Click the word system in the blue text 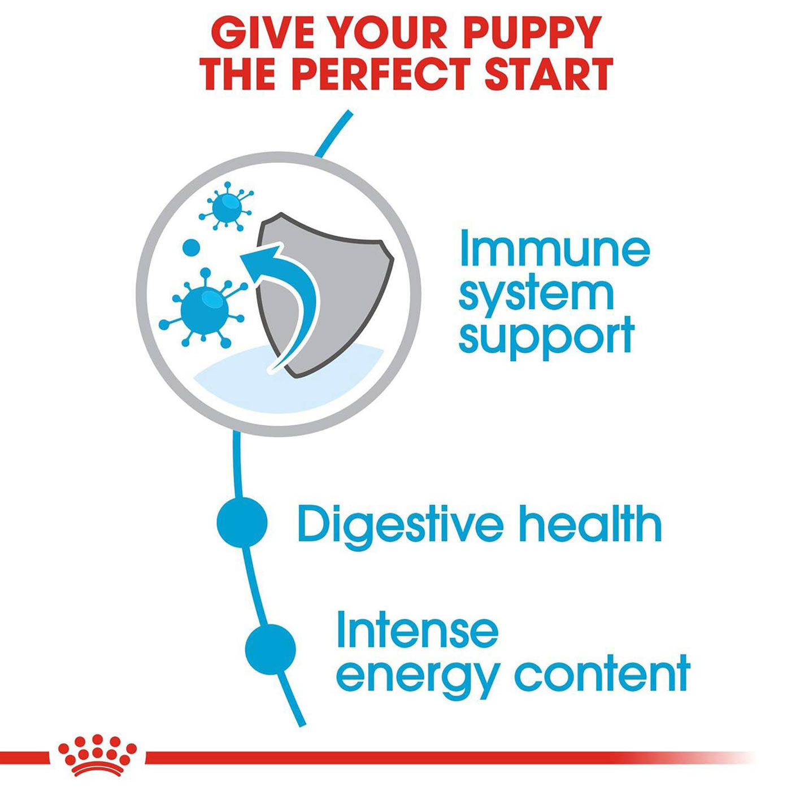[536, 295]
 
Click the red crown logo [98, 744]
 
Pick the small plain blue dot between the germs [190, 247]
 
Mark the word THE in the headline [234, 74]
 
